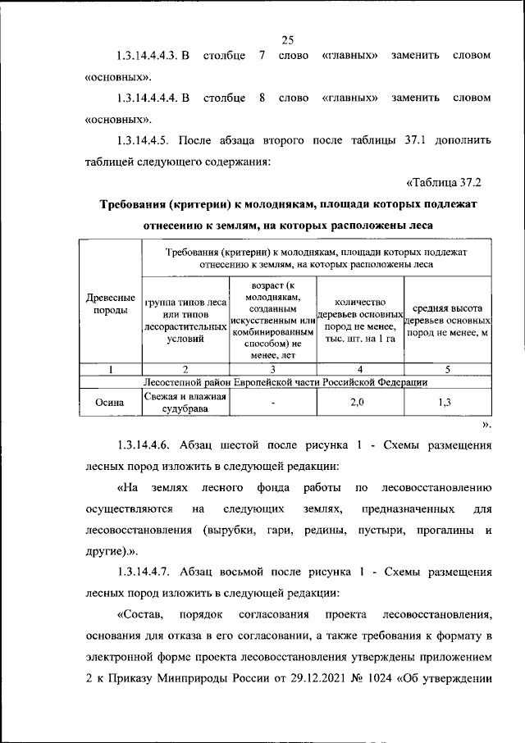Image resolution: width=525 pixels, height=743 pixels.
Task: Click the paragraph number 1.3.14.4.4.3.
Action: [x=149, y=56]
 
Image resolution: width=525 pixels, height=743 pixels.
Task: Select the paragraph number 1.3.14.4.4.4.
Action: [x=149, y=98]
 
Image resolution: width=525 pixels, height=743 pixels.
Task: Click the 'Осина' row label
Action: [x=110, y=402]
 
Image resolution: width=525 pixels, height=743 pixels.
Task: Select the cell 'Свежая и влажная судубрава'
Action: [x=185, y=402]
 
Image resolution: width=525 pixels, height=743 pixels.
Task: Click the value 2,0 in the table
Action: [x=358, y=402]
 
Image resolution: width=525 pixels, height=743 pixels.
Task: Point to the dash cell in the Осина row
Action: [x=273, y=403]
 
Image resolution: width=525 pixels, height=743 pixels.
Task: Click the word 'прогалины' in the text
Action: [x=441, y=531]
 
